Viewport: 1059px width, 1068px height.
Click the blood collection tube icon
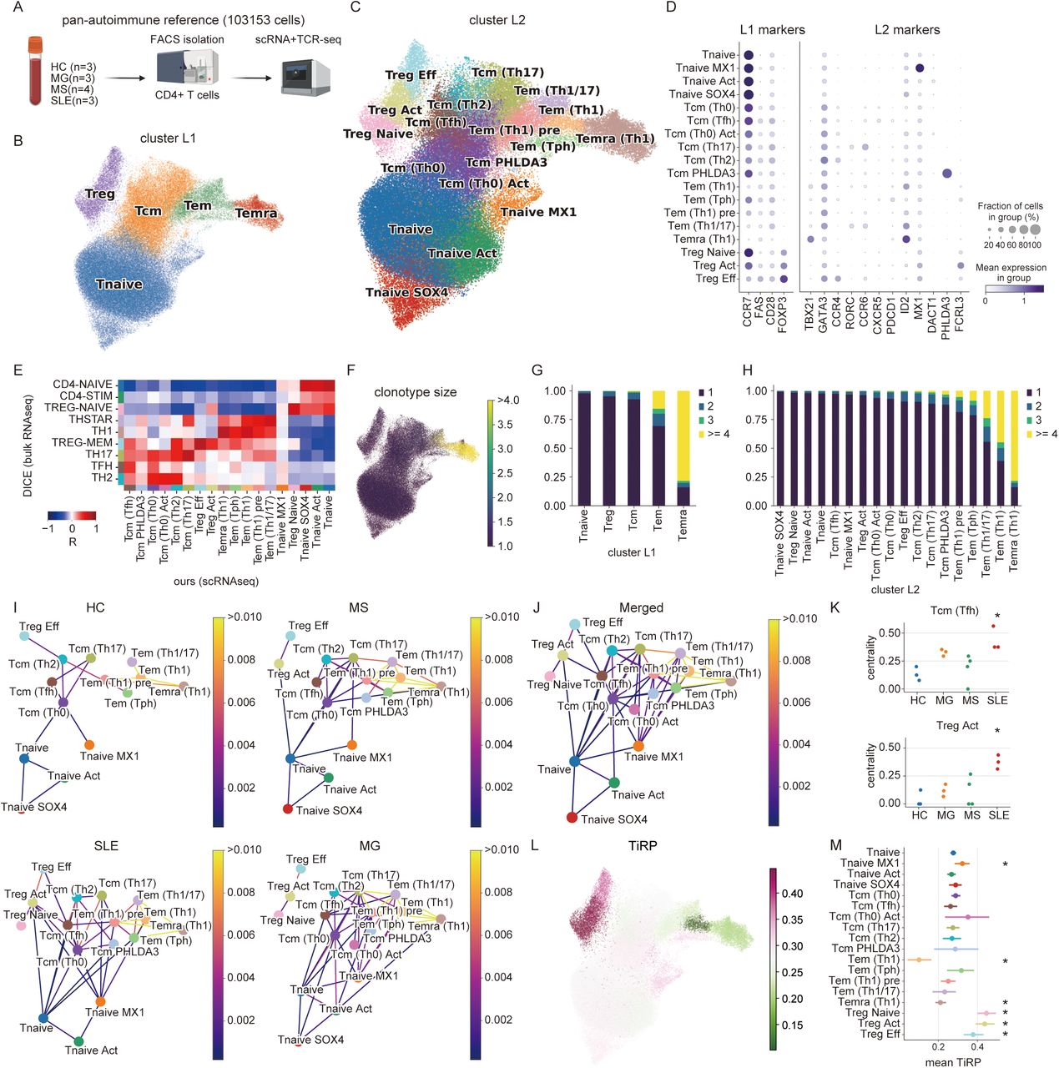[35, 70]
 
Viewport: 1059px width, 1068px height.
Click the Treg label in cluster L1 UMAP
[99, 194]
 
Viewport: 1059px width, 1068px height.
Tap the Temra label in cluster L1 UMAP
[255, 214]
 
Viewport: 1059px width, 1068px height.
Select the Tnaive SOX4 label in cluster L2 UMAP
[406, 292]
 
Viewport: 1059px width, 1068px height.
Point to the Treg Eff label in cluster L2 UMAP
[411, 75]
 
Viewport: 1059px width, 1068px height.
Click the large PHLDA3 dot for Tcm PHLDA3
[946, 174]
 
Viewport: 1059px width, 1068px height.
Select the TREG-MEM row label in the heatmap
[82, 443]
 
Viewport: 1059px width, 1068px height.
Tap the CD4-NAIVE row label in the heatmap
[83, 385]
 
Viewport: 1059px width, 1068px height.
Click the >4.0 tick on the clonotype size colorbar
[509, 400]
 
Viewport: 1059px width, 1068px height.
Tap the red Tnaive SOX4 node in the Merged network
[572, 817]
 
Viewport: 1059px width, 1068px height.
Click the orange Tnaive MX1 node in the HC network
[89, 745]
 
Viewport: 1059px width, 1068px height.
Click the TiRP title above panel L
[643, 845]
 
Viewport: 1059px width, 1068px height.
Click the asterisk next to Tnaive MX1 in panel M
[1006, 864]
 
